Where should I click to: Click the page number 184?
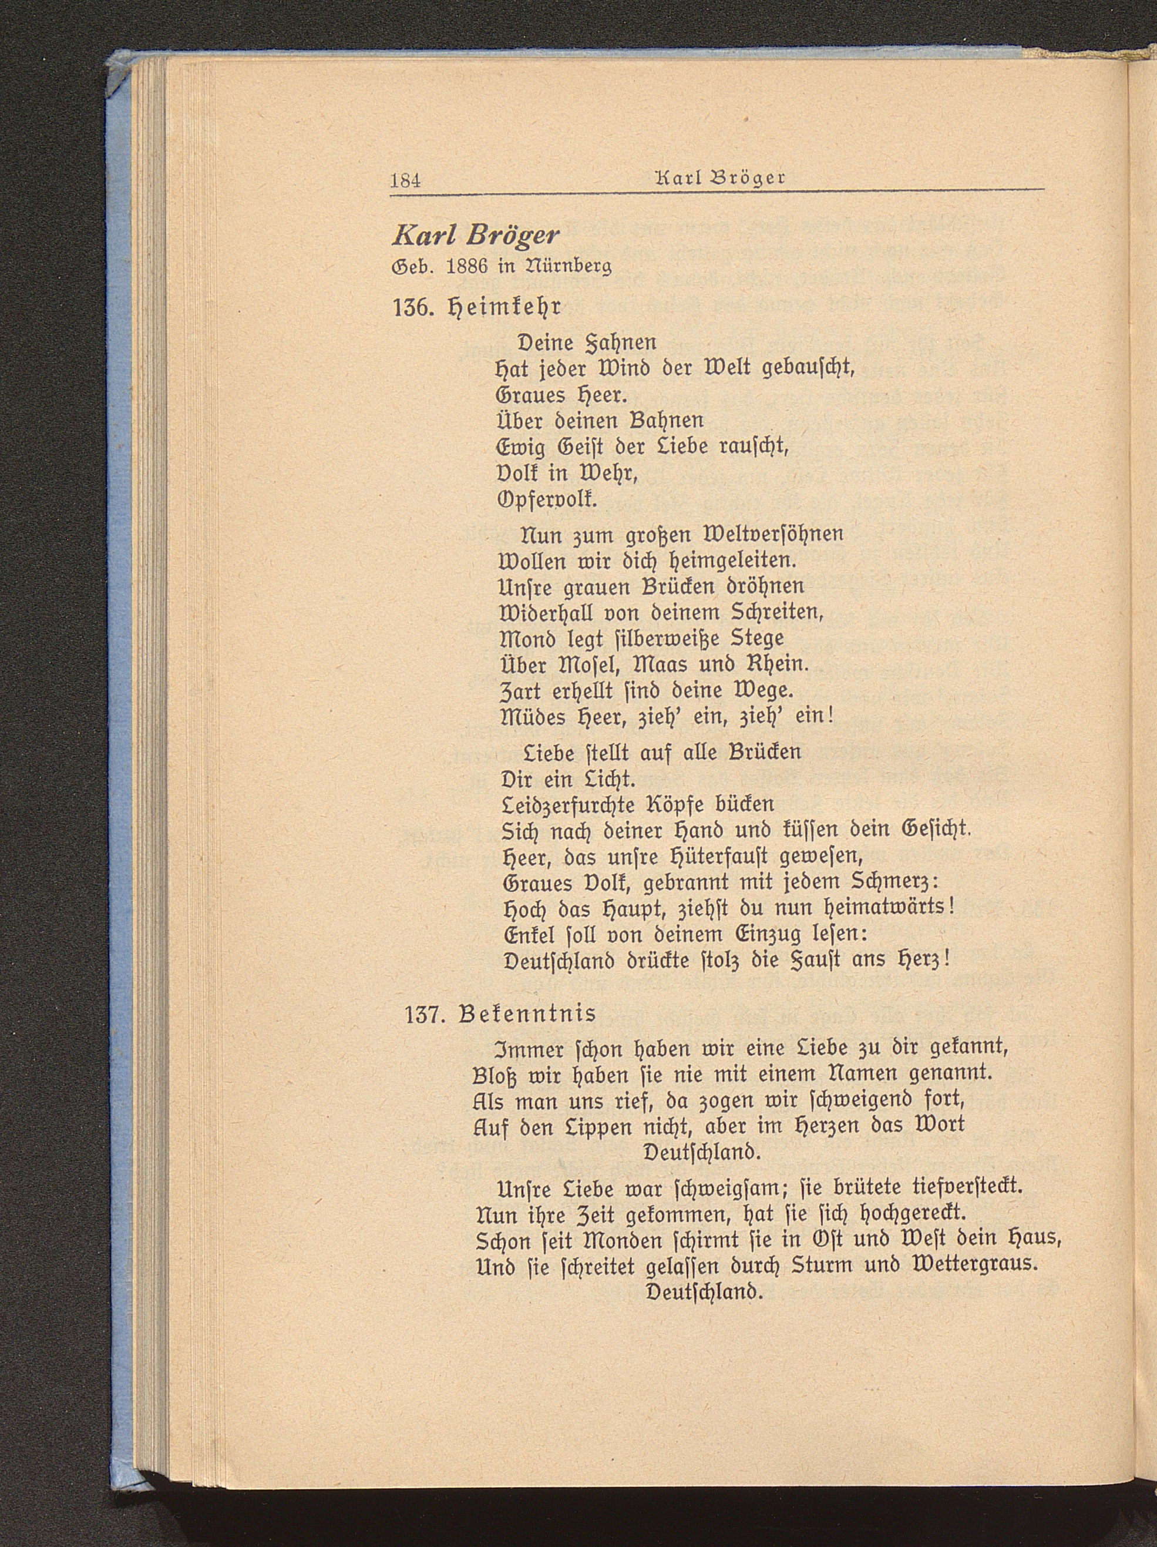pos(405,180)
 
